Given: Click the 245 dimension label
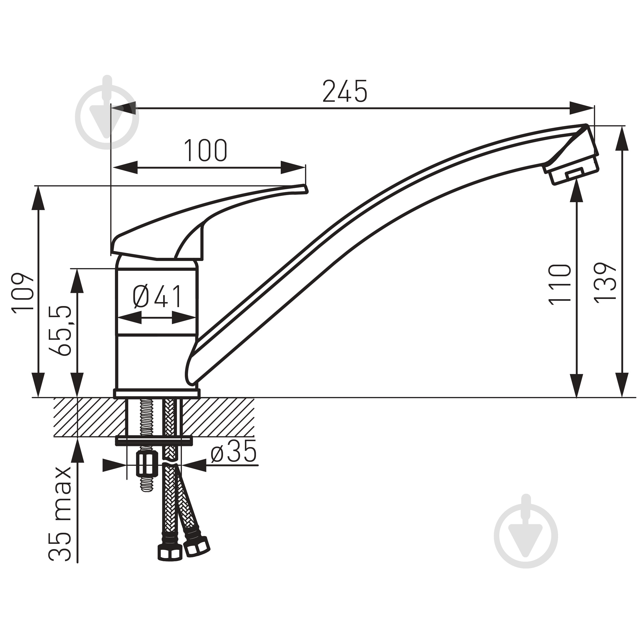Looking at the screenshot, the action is point(345,91).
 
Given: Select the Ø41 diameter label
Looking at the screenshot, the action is point(157,296).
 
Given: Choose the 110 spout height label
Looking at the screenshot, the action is point(560,284).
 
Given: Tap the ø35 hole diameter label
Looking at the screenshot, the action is point(234,451).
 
